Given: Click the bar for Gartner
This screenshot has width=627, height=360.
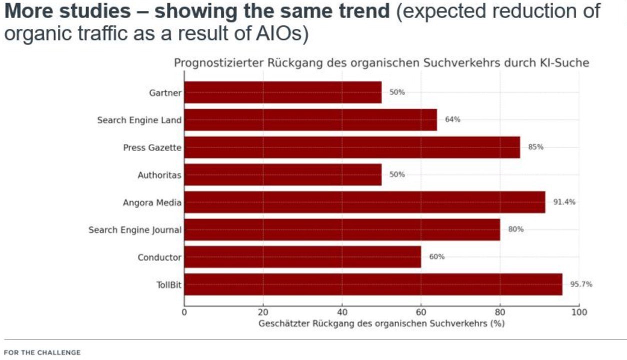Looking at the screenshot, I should [x=282, y=92].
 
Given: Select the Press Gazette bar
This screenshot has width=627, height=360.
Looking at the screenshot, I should [x=352, y=147].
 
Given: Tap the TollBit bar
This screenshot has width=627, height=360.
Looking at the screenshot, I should [x=373, y=284].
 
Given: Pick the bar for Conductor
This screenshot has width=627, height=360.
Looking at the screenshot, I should [x=302, y=257].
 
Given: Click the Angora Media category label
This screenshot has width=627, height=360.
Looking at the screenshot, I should [x=152, y=202].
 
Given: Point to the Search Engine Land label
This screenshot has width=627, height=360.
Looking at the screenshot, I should [x=139, y=120].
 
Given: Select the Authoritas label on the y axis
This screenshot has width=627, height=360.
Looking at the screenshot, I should [x=159, y=175].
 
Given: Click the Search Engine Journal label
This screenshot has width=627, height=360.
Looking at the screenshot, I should [x=135, y=230].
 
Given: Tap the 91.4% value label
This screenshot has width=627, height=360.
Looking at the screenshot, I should [x=564, y=202].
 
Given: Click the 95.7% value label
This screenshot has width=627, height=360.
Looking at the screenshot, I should [x=581, y=284].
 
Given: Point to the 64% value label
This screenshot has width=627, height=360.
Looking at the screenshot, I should [x=452, y=119].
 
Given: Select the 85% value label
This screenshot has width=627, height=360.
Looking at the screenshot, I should [x=535, y=147].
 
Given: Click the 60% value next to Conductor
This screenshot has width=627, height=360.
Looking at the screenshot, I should [x=436, y=256].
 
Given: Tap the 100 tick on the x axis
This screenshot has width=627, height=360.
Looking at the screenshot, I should [x=579, y=312].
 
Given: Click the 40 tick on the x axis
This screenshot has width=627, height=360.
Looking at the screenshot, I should [x=342, y=312].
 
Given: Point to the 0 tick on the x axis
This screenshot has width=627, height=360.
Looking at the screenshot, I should [x=184, y=312].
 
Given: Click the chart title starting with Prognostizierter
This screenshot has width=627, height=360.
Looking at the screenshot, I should [x=381, y=63].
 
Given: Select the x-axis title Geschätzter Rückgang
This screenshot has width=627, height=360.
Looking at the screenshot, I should [x=381, y=323].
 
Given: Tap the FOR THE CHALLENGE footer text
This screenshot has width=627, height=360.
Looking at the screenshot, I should [x=42, y=352].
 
